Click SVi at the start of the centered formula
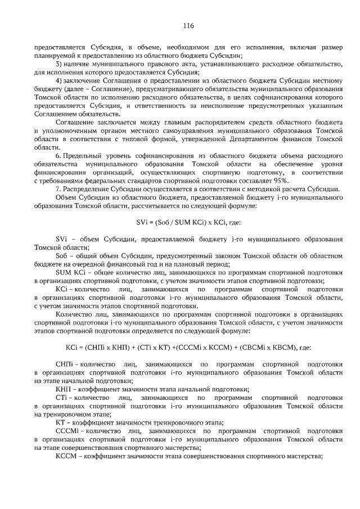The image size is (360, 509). click(142, 222)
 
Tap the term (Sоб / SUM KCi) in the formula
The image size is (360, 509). click(177, 222)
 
